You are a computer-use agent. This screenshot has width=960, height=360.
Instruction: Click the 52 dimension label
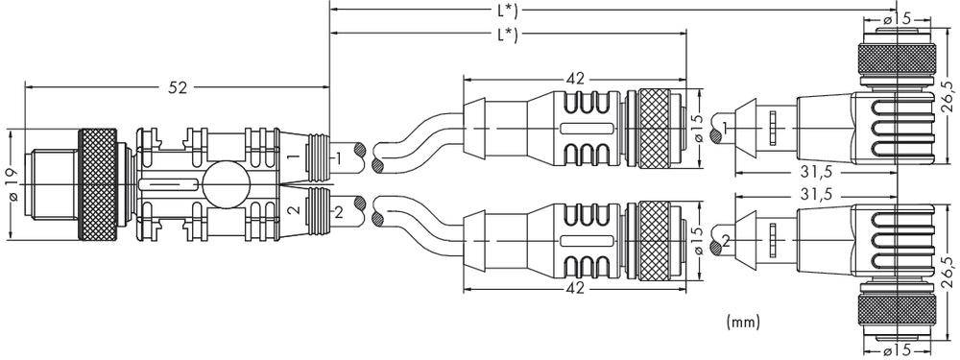coord(177,87)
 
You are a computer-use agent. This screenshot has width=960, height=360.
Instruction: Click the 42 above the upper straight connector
coord(575,80)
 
